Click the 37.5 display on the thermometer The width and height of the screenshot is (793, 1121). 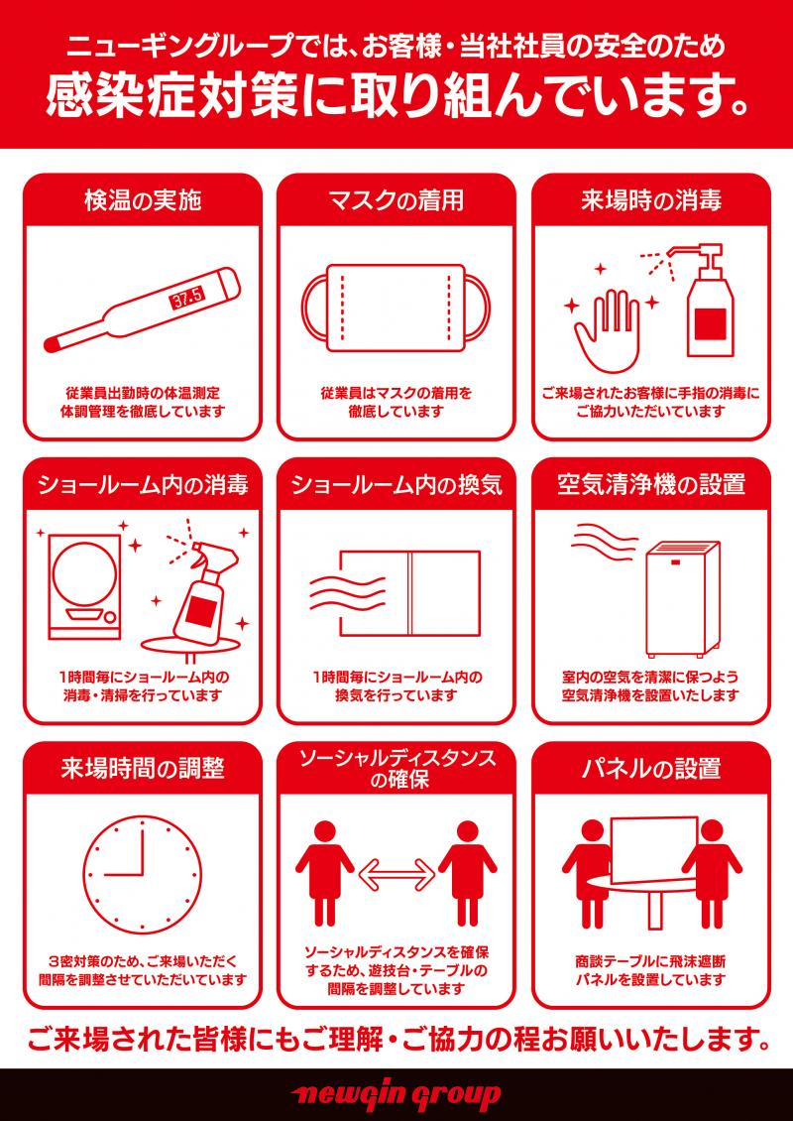[x=187, y=298]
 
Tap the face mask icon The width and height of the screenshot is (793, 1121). [x=396, y=309]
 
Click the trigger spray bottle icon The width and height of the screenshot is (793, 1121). [x=202, y=586]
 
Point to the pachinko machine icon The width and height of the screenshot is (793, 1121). [x=84, y=587]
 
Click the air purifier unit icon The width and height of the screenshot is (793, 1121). [x=682, y=599]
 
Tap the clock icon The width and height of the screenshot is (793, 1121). [x=142, y=875]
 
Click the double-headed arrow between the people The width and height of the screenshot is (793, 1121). [x=396, y=873]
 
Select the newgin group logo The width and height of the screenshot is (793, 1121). [x=396, y=1095]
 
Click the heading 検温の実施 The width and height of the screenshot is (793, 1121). [x=142, y=201]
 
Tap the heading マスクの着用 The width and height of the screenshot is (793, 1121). [x=396, y=201]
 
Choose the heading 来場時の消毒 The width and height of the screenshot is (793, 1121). [x=651, y=201]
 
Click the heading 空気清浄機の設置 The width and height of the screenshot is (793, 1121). [x=651, y=485]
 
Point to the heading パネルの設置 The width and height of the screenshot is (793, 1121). [x=651, y=769]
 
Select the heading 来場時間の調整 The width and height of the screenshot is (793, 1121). [x=142, y=769]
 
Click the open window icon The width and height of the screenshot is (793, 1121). [x=409, y=592]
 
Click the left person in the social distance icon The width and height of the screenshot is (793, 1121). [x=325, y=873]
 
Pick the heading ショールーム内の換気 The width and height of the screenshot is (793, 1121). [x=396, y=485]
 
